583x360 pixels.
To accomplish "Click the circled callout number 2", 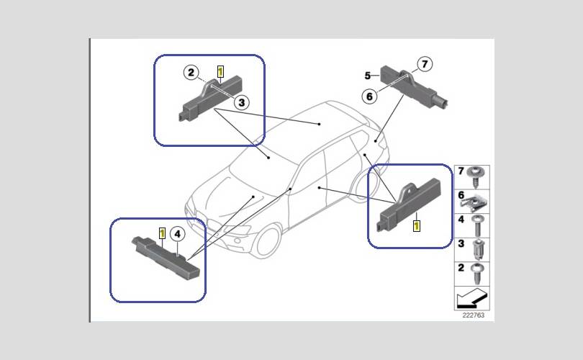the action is (x=191, y=72).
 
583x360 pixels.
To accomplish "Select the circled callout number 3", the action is (x=242, y=102).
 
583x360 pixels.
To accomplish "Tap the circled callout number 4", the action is (x=177, y=234).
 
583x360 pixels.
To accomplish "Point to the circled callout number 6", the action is (x=369, y=96).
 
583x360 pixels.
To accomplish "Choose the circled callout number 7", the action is (x=425, y=64).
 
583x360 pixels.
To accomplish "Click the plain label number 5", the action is (x=367, y=76).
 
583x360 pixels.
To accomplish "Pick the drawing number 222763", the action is (x=474, y=315).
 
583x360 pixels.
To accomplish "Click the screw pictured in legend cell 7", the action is (x=477, y=176).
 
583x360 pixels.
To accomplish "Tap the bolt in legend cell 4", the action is (x=477, y=225).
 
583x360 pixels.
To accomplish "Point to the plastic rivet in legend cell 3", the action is (x=477, y=249).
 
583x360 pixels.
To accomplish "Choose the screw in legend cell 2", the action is (x=476, y=273).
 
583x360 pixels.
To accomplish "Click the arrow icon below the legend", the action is (x=471, y=299).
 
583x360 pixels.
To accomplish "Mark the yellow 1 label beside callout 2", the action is (x=220, y=71).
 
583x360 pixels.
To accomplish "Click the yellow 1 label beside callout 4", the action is (x=162, y=233).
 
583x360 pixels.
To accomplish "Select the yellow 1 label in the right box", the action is (x=417, y=226).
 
